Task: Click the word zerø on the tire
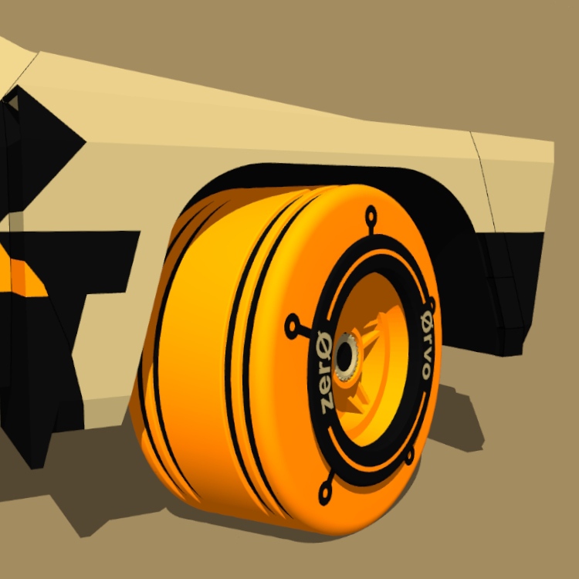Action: pyautogui.click(x=326, y=373)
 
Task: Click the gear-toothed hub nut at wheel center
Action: pyautogui.click(x=347, y=357)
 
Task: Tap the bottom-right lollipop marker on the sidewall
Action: pyautogui.click(x=410, y=456)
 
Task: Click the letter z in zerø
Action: pyautogui.click(x=327, y=405)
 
